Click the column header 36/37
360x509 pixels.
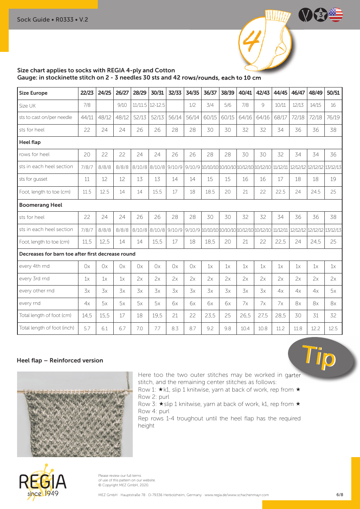click(210, 93)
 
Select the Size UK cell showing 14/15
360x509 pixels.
click(315, 105)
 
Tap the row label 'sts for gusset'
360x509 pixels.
click(33, 179)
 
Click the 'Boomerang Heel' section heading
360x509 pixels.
click(41, 205)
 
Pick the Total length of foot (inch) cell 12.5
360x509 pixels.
click(333, 328)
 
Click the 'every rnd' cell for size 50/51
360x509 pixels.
click(333, 303)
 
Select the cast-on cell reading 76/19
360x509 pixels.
click(333, 117)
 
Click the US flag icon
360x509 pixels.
click(336, 15)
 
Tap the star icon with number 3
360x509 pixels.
click(321, 15)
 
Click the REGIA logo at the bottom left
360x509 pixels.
click(42, 482)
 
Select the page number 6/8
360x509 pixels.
click(340, 495)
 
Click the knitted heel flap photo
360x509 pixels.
click(75, 414)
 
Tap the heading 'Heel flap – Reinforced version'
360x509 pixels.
click(60, 361)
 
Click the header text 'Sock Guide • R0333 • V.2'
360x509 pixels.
click(52, 19)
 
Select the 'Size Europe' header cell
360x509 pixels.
click(33, 93)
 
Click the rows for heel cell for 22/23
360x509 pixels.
click(87, 155)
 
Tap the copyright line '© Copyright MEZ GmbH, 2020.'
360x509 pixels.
click(124, 485)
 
